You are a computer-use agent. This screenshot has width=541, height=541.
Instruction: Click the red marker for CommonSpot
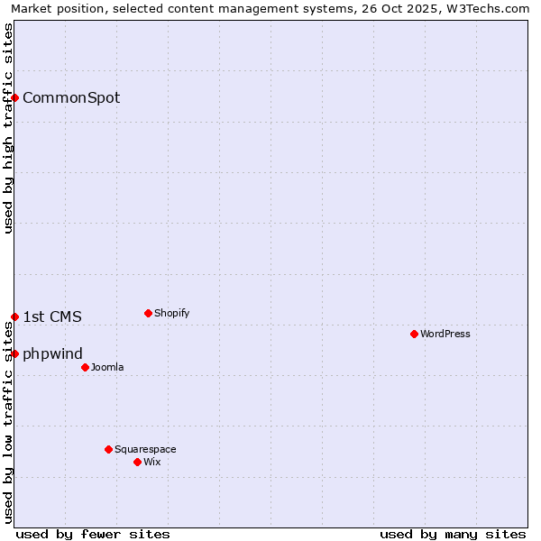coord(15,97)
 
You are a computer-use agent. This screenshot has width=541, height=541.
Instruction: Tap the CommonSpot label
coord(71,98)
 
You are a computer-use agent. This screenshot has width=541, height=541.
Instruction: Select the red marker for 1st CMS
coord(15,316)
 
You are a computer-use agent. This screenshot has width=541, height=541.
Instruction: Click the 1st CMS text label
coord(52,316)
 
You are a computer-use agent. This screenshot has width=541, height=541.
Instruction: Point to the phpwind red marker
coord(15,353)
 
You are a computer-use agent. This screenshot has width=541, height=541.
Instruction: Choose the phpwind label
coord(52,353)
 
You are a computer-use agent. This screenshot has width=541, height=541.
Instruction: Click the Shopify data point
coord(148,314)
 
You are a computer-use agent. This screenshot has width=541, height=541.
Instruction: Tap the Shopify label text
coord(171,314)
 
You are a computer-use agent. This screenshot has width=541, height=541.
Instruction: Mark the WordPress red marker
coord(414,334)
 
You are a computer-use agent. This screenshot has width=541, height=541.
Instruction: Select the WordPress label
coord(445,334)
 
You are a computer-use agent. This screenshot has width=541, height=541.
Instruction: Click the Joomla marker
coord(85,367)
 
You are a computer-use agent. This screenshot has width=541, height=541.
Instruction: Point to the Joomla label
coord(107,367)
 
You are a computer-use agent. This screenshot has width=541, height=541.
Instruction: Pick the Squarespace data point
coord(108,449)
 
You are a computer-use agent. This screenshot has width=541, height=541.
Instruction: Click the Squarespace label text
coord(145,449)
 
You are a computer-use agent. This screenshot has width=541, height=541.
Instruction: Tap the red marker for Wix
coord(137,462)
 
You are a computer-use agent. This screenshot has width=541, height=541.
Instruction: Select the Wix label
coord(152,462)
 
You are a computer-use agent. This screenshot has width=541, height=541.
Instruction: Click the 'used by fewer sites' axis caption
coord(93,534)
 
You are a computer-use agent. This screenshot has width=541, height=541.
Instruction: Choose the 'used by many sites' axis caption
coord(453,534)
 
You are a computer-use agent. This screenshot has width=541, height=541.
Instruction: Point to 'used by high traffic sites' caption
coord(8,128)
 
